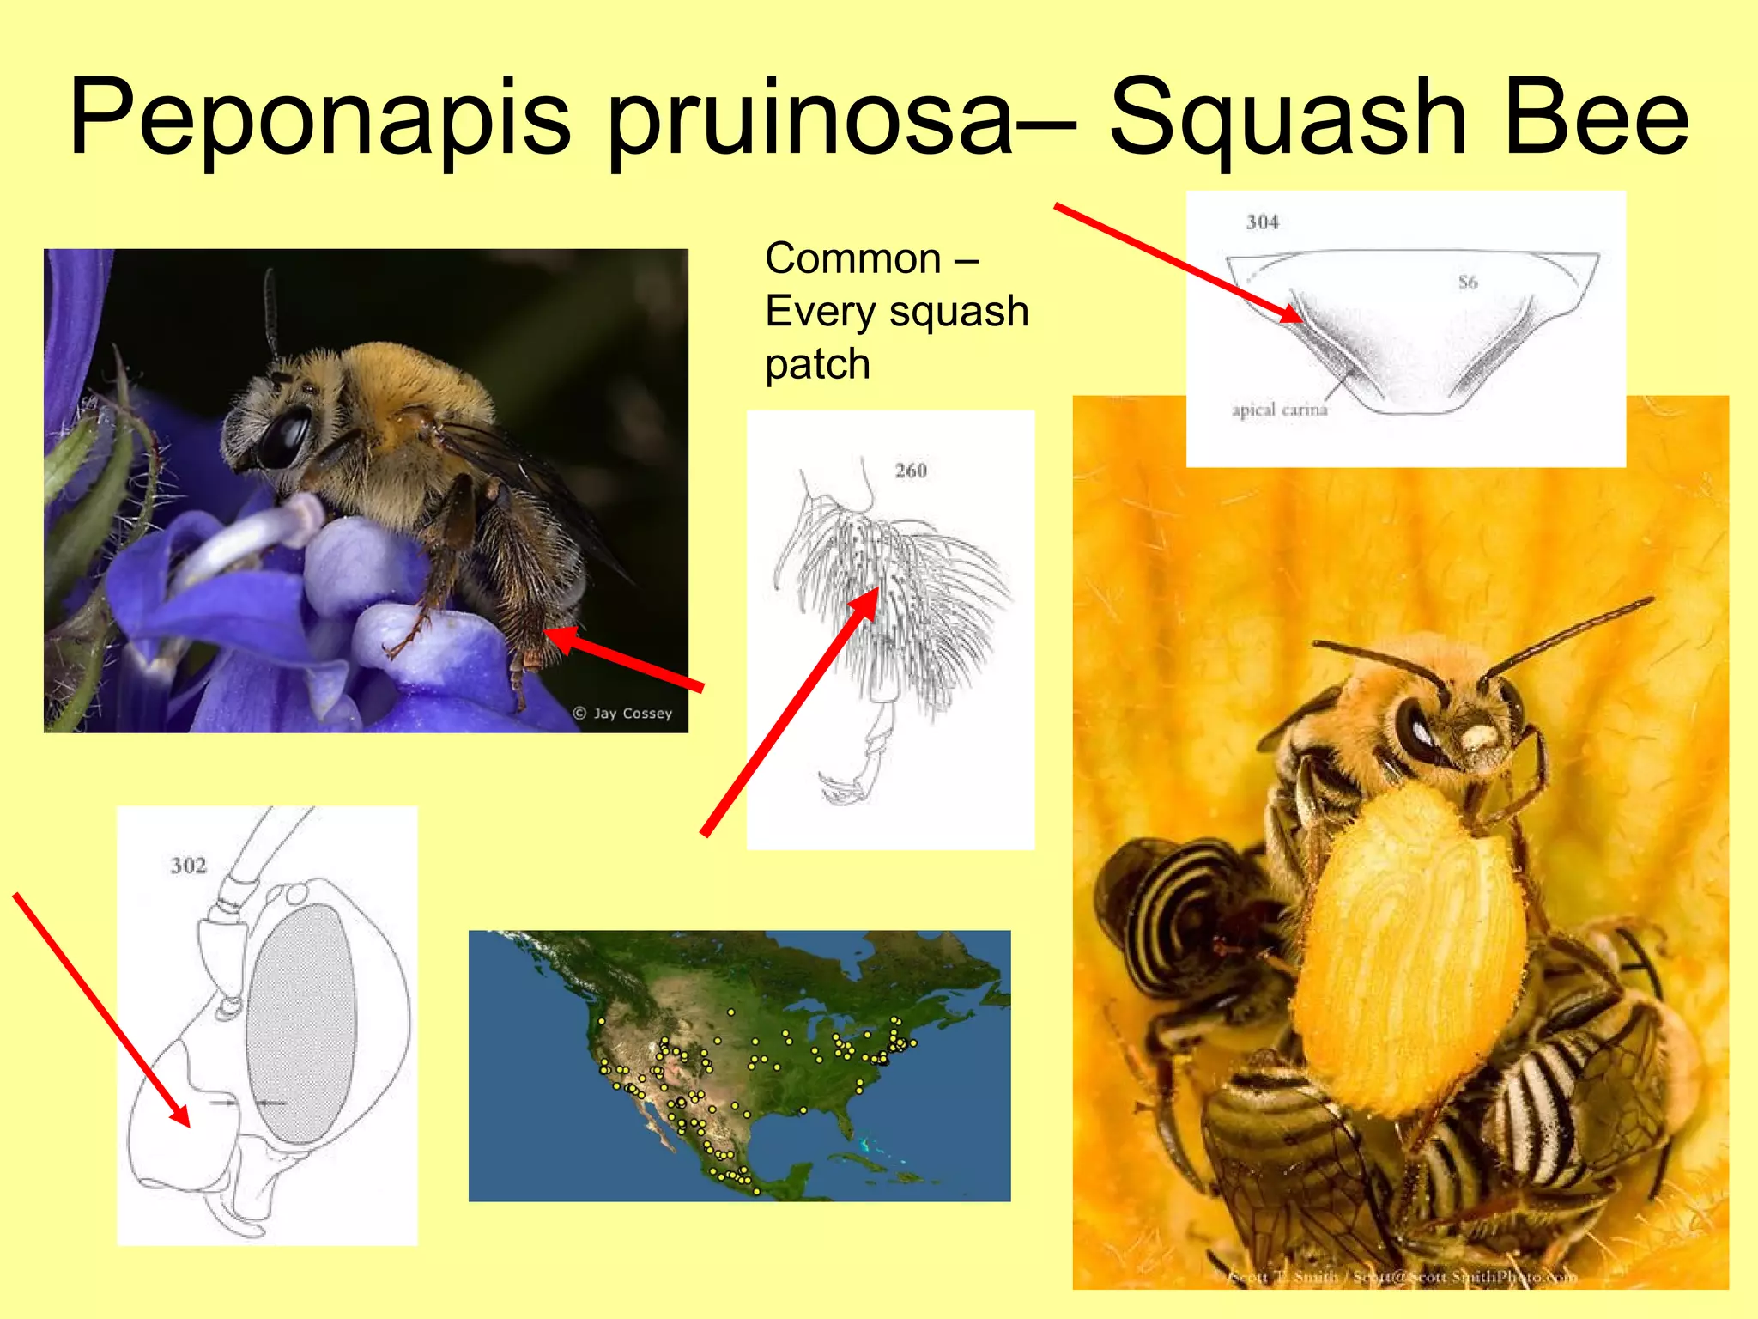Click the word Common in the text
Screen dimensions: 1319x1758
pyautogui.click(x=852, y=258)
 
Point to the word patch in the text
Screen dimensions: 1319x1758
pyautogui.click(x=817, y=364)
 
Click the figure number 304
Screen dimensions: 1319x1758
pyautogui.click(x=1262, y=222)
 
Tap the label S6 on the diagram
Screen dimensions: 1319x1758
pyautogui.click(x=1467, y=282)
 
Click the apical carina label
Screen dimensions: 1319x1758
pyautogui.click(x=1279, y=410)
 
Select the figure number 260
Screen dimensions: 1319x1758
pyautogui.click(x=911, y=471)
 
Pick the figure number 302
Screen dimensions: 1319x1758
pyautogui.click(x=188, y=866)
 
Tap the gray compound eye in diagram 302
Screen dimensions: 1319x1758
pyautogui.click(x=300, y=1022)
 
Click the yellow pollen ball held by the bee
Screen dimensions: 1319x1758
pyautogui.click(x=1408, y=953)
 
